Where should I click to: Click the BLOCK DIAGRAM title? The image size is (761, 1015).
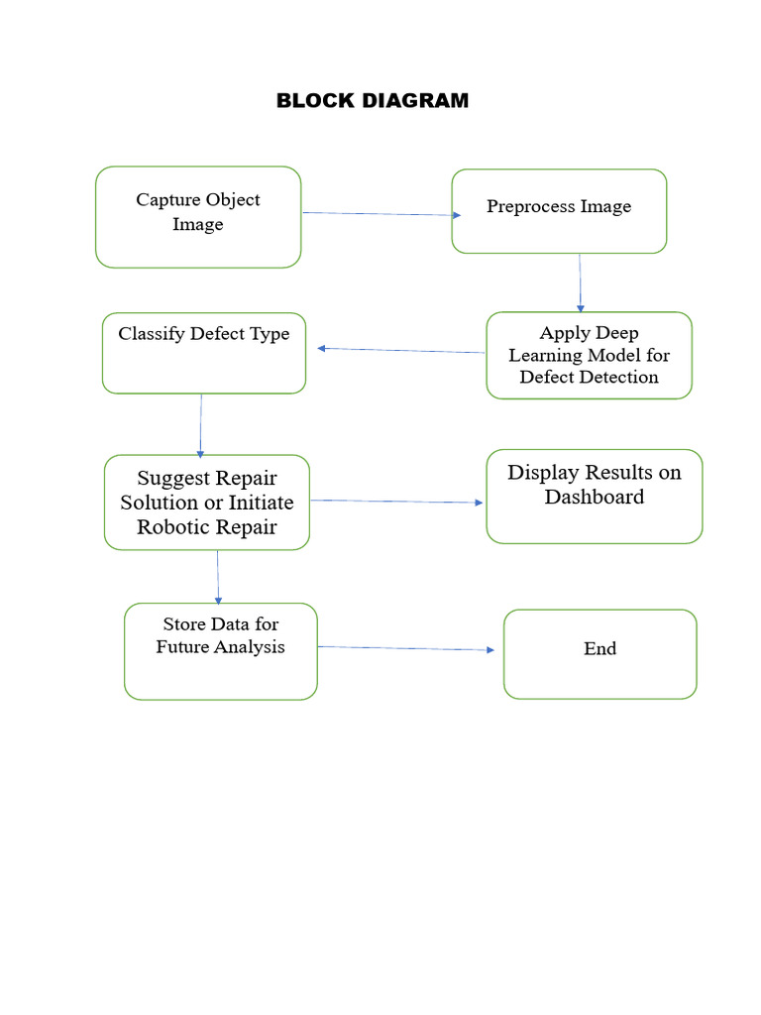pyautogui.click(x=373, y=100)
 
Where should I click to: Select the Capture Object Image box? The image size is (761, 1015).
pyautogui.click(x=198, y=216)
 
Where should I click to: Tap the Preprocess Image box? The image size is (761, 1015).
pyautogui.click(x=559, y=210)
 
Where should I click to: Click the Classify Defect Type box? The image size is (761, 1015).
pyautogui.click(x=204, y=353)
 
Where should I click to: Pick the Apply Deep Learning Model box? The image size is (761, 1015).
pyautogui.click(x=589, y=355)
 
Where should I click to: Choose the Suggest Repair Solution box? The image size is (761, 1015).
pyautogui.click(x=207, y=502)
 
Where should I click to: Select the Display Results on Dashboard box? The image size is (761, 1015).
pyautogui.click(x=594, y=496)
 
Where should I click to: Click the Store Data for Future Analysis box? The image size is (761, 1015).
pyautogui.click(x=221, y=650)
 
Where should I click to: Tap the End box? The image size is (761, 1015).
pyautogui.click(x=599, y=653)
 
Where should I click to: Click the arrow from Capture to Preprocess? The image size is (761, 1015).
pyautogui.click(x=381, y=213)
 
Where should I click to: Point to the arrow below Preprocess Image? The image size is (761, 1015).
pyautogui.click(x=580, y=282)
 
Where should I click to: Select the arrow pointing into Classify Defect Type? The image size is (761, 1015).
pyautogui.click(x=400, y=350)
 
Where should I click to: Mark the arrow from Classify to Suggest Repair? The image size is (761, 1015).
pyautogui.click(x=201, y=426)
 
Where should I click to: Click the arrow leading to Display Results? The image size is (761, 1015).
pyautogui.click(x=396, y=502)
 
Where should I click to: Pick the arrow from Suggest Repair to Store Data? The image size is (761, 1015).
pyautogui.click(x=218, y=577)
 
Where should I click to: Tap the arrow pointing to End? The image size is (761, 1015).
pyautogui.click(x=406, y=648)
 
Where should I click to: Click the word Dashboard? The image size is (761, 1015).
pyautogui.click(x=594, y=497)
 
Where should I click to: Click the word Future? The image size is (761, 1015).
pyautogui.click(x=184, y=646)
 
